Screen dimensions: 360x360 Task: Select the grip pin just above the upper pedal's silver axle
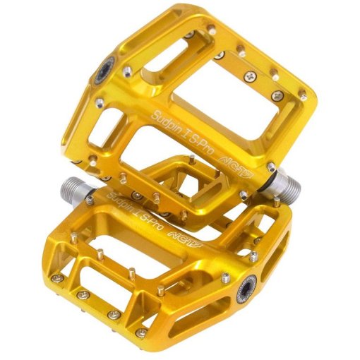(x=269, y=168)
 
